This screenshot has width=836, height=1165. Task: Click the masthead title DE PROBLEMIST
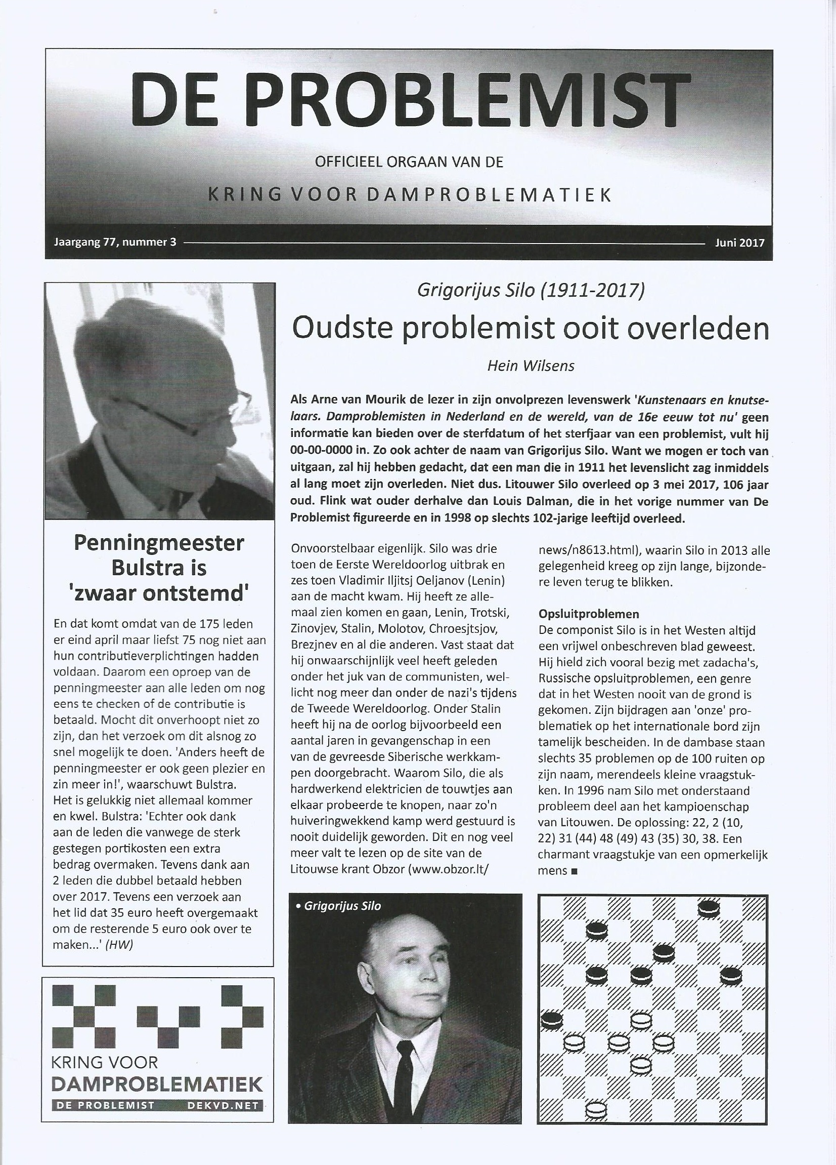pos(408,103)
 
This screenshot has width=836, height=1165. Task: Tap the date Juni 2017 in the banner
pos(739,243)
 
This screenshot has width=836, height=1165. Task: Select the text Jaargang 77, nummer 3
pos(115,243)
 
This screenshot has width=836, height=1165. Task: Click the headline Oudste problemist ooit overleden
pos(530,329)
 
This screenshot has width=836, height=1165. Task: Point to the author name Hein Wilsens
pos(530,366)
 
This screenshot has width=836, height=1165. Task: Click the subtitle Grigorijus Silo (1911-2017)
pos(531,291)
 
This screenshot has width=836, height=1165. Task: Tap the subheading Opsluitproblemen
pos(588,614)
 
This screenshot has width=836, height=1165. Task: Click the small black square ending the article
pos(574,871)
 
